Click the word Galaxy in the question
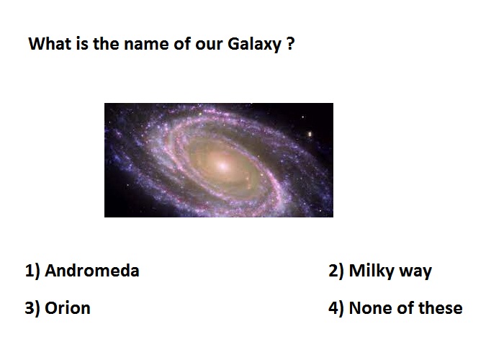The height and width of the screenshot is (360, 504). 255,45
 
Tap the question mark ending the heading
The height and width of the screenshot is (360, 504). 289,43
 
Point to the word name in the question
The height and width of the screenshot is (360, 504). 147,44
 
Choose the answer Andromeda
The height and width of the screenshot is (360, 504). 92,271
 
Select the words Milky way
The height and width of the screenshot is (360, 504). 390,271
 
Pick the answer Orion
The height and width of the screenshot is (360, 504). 68,308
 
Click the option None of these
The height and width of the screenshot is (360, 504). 405,308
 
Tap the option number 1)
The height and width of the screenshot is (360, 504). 32,271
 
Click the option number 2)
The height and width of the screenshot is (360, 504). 336,271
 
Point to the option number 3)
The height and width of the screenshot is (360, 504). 32,308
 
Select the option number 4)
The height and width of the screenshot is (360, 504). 336,308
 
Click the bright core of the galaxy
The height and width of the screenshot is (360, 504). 222,165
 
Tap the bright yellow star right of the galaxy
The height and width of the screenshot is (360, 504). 310,134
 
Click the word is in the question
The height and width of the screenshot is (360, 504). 82,43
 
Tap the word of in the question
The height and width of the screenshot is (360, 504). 182,43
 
